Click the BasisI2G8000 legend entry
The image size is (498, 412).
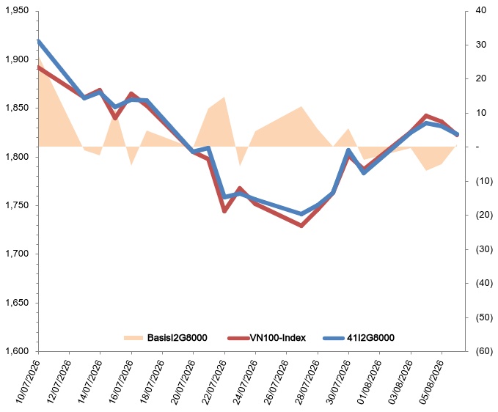tap(166, 338)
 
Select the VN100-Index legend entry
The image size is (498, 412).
tap(267, 338)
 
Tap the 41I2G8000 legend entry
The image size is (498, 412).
tap(359, 338)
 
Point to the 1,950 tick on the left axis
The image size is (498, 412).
tap(17, 11)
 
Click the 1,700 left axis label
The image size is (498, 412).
tap(17, 254)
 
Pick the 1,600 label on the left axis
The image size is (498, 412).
tap(17, 351)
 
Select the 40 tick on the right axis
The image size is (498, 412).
tap(481, 10)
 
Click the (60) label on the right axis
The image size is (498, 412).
tap(484, 351)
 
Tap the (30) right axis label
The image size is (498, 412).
tap(484, 249)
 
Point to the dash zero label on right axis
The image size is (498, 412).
tap(477, 147)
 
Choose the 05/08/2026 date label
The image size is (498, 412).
tap(431, 382)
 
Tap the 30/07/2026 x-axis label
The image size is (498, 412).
tap(338, 382)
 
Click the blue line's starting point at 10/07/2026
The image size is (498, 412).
tap(38, 42)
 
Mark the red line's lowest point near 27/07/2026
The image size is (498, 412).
tap(301, 226)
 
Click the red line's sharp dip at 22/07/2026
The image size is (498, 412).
tap(224, 210)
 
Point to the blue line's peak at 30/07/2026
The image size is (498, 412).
tap(348, 150)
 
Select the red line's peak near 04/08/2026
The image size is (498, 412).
tap(426, 116)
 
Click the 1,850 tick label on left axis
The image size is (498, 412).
tap(17, 108)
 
